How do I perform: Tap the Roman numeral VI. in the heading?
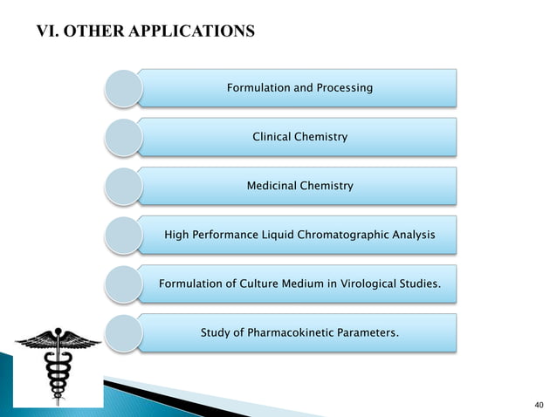click(45, 33)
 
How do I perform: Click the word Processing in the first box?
click(343, 88)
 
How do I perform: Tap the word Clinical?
click(272, 137)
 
